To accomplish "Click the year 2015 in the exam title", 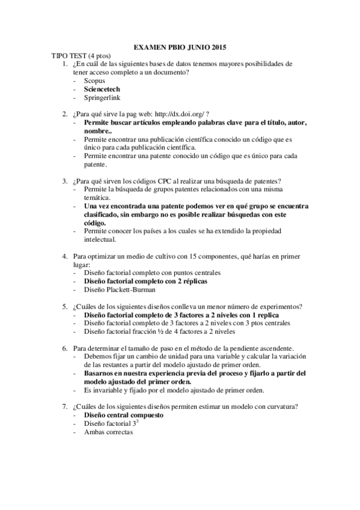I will point(219,48).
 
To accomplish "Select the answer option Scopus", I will point(94,80).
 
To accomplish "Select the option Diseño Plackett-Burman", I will point(117,290).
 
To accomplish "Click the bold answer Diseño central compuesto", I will point(124,416).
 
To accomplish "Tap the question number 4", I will point(65,256).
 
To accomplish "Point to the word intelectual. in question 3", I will point(99,239).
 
